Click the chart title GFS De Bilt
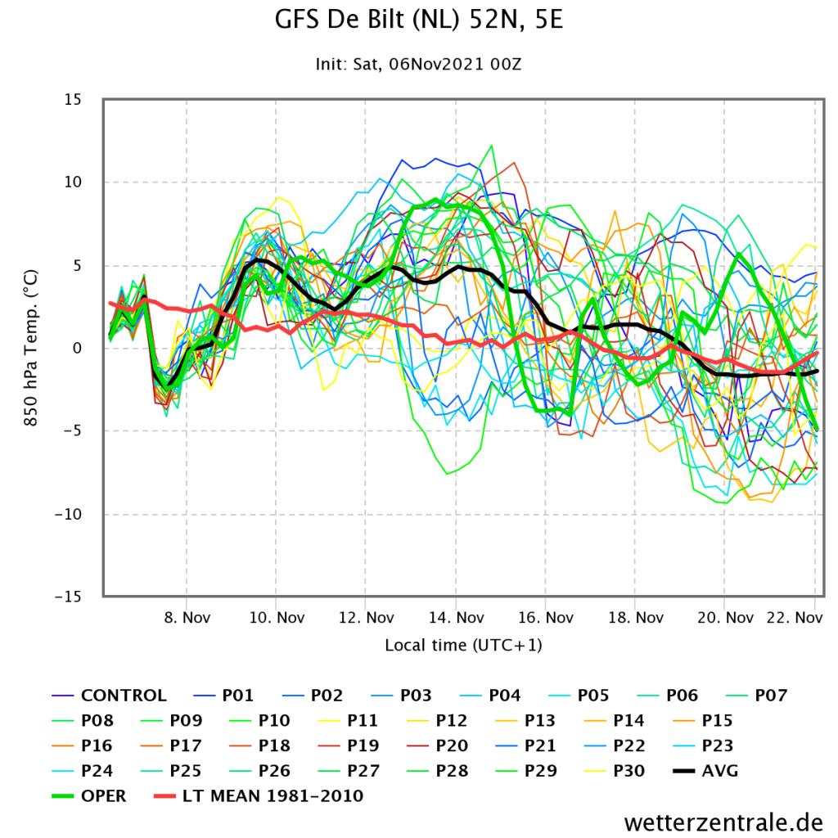(419, 20)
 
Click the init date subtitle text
(418, 64)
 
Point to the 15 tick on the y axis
(73, 99)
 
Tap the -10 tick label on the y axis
(69, 514)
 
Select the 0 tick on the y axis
(78, 349)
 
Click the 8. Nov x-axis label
(187, 618)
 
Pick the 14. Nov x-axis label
(457, 618)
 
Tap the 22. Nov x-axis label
(795, 618)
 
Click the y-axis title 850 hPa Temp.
(31, 348)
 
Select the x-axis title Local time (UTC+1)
(463, 645)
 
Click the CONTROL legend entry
(109, 696)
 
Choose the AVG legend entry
(705, 771)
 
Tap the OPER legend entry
(88, 795)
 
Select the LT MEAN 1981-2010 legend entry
(259, 795)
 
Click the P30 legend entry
(615, 771)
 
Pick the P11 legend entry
(349, 720)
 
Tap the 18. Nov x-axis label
(635, 618)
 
